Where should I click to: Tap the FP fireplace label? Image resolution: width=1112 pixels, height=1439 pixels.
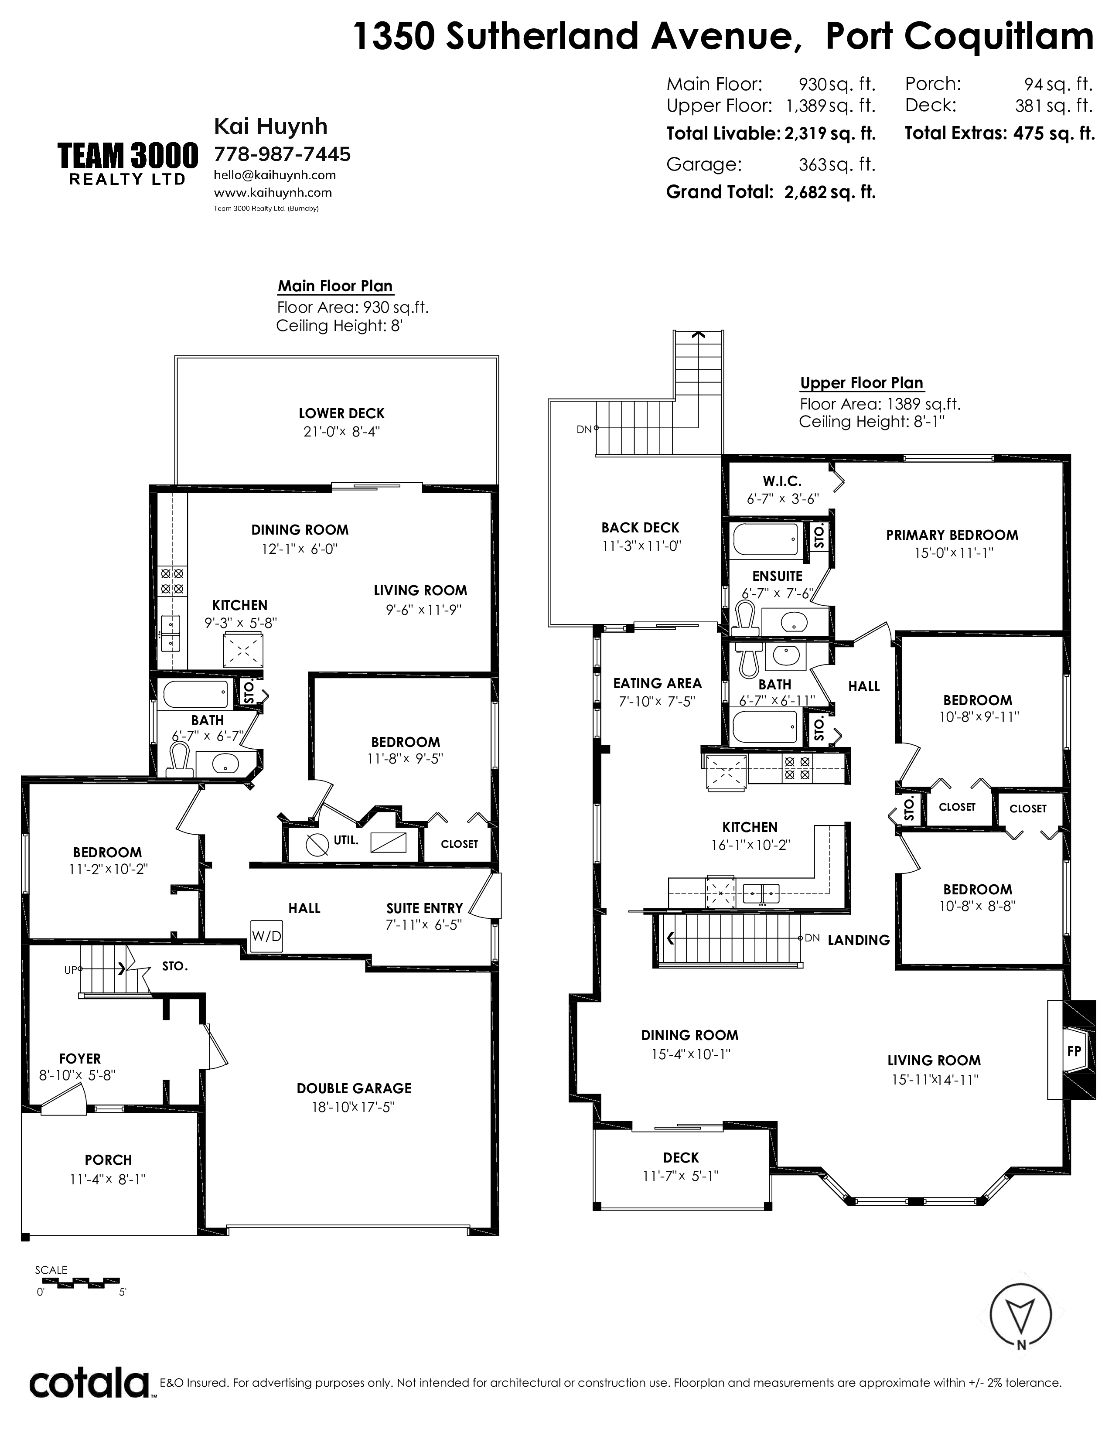pyautogui.click(x=1074, y=1051)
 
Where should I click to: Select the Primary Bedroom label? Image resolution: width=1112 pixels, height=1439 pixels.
pyautogui.click(x=952, y=535)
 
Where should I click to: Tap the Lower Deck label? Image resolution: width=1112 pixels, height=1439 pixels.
pyautogui.click(x=341, y=413)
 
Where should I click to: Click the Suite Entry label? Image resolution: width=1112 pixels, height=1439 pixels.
pyautogui.click(x=424, y=908)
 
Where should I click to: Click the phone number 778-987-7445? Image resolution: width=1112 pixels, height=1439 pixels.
pyautogui.click(x=283, y=154)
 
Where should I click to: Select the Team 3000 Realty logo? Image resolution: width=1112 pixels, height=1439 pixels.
pyautogui.click(x=128, y=164)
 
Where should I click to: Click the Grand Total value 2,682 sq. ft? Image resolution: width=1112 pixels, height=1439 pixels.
pyautogui.click(x=830, y=192)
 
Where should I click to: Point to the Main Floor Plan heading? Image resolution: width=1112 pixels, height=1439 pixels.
pyautogui.click(x=335, y=286)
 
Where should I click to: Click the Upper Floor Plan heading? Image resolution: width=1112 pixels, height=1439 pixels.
pyautogui.click(x=862, y=383)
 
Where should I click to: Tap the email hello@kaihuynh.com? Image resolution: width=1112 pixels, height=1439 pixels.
pyautogui.click(x=275, y=175)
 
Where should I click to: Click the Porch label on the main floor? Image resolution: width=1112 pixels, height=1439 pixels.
pyautogui.click(x=108, y=1159)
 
